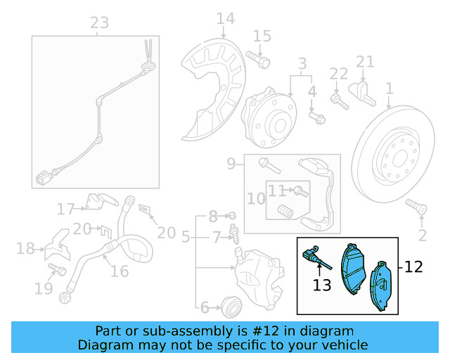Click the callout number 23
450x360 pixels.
99,22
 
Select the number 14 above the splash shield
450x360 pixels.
225,18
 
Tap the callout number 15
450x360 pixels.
262,35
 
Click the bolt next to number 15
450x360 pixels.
262,62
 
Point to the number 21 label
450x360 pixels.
365,62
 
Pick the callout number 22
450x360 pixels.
339,73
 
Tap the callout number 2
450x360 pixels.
423,234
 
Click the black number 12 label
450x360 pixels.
414,267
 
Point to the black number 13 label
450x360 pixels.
322,285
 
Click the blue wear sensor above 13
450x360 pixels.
313,257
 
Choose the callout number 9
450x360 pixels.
231,165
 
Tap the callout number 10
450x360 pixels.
255,199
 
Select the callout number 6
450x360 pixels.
205,307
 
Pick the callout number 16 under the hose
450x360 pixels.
120,271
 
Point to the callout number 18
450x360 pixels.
25,248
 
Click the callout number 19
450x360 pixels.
43,288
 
